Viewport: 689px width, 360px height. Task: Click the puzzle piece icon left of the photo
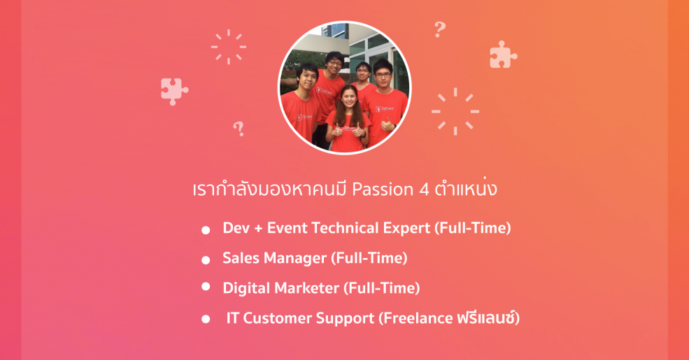coord(174,92)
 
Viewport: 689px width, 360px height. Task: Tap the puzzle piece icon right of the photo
coord(503,55)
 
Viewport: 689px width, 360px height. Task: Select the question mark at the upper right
coord(440,29)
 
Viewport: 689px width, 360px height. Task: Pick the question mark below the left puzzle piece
coord(239,129)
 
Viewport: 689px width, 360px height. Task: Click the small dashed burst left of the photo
coord(229,47)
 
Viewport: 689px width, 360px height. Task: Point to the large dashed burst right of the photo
coord(455,112)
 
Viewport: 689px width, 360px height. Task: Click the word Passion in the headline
coord(383,189)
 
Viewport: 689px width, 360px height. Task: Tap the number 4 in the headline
coord(424,189)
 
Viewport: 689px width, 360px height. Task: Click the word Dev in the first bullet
coord(236,228)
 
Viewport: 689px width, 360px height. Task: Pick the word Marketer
coord(309,289)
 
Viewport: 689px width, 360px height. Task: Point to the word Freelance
coord(415,318)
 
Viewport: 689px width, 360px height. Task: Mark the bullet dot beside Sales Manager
coord(206,260)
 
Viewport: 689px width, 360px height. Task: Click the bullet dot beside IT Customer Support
coord(206,319)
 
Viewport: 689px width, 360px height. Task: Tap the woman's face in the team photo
coord(348,98)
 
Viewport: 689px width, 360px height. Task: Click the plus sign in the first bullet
coord(258,229)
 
